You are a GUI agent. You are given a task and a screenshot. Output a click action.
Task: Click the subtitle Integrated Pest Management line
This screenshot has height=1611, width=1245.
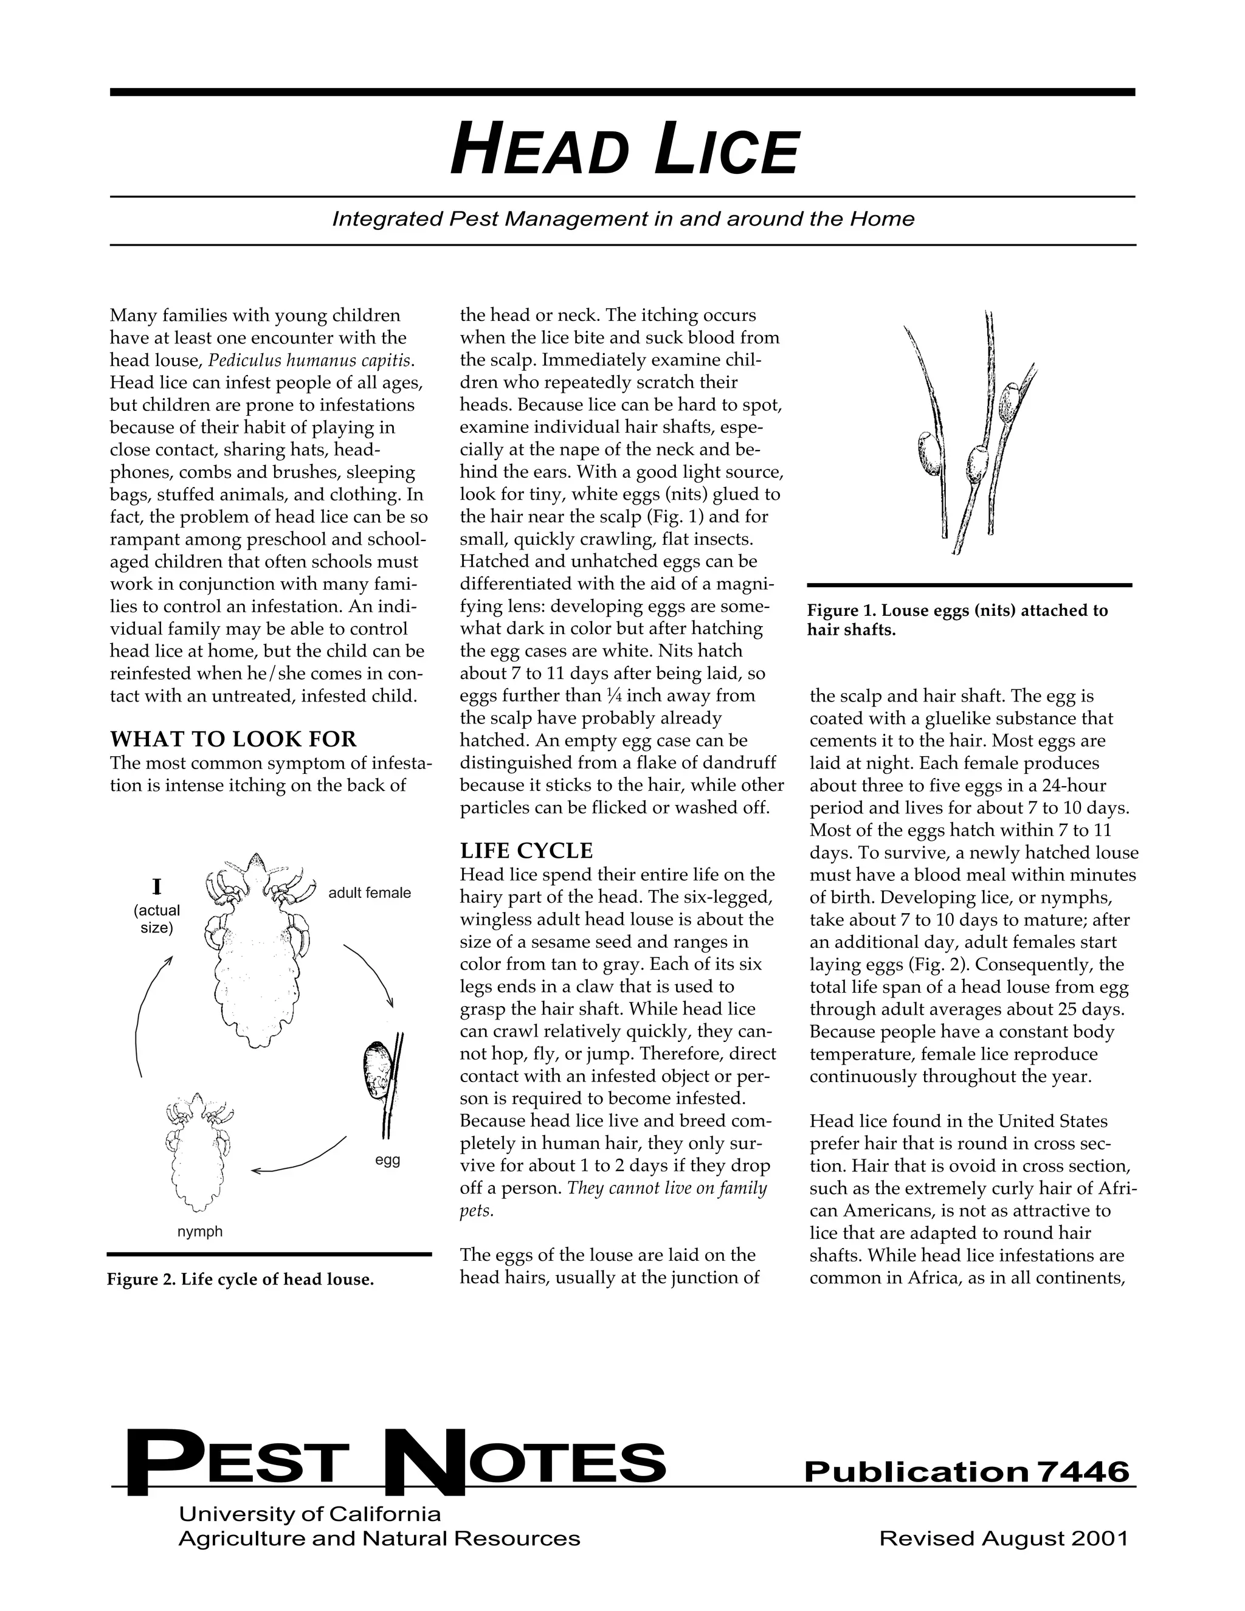(623, 219)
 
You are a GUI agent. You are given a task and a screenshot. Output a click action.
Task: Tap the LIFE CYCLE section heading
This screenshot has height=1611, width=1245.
(526, 851)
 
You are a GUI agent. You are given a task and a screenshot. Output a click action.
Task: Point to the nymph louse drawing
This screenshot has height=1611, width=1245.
(196, 1153)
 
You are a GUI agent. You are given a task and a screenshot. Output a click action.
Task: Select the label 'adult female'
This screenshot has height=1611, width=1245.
(369, 893)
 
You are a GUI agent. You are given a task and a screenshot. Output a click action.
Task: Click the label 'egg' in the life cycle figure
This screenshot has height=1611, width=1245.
(387, 1161)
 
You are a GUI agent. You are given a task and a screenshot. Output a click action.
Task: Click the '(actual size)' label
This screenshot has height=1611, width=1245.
(156, 919)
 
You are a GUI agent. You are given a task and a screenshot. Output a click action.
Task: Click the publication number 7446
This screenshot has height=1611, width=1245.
(1083, 1472)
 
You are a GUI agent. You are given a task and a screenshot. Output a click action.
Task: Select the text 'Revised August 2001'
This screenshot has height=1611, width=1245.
(1004, 1539)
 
